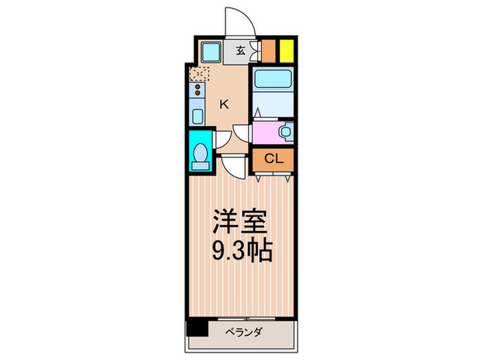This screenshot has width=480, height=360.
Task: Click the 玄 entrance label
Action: pos(241,50)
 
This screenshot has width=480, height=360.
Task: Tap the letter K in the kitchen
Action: pos(224,104)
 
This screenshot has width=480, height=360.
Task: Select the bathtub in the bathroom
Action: pos(272,80)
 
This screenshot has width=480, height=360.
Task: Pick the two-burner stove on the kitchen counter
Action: pos(197,91)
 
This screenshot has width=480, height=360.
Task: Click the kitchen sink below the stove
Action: pos(197,115)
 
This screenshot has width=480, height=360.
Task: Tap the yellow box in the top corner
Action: pos(286,51)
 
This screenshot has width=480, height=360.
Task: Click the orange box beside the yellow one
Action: pos(269,51)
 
